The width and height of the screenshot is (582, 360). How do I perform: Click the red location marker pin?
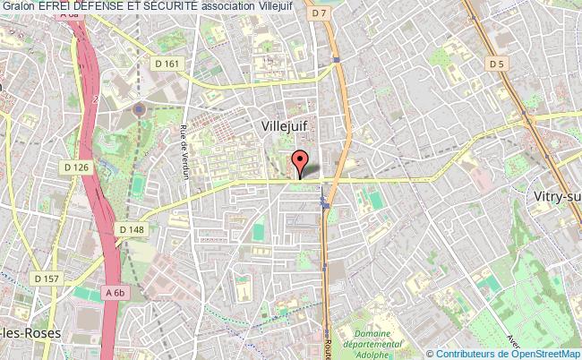click(x=301, y=162)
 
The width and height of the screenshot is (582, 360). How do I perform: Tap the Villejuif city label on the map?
click(x=285, y=127)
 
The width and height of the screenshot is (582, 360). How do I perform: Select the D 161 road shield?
click(x=167, y=64)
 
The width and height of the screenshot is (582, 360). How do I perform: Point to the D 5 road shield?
click(x=497, y=64)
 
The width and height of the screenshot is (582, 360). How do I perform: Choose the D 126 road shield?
click(x=77, y=167)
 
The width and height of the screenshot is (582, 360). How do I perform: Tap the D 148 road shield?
click(x=132, y=230)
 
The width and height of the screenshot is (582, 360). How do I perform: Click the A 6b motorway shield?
click(x=114, y=292)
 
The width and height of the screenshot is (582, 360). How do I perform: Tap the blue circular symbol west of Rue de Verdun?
click(x=139, y=108)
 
